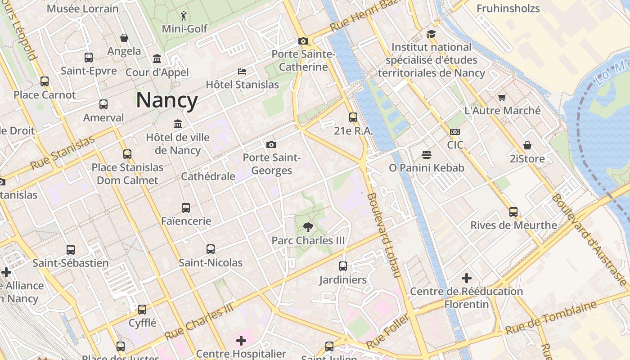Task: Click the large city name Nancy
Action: tap(167, 100)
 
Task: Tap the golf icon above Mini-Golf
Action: tap(184, 17)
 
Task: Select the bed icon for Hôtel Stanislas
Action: tap(242, 72)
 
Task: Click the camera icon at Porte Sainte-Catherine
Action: tap(303, 41)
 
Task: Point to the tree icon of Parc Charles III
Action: tap(308, 227)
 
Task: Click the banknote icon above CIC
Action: tap(455, 132)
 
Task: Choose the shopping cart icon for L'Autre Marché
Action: tap(502, 97)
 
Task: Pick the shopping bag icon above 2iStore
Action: tap(527, 145)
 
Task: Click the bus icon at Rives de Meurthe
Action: tap(513, 211)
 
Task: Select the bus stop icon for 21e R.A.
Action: tap(353, 117)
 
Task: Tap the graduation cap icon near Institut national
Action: tap(431, 34)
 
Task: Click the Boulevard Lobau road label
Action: tap(384, 235)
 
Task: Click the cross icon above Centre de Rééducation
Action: tap(467, 278)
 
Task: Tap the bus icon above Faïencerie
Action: tap(186, 208)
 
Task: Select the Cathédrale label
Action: tap(208, 176)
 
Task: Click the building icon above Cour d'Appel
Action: tap(157, 59)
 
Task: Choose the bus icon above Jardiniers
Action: tap(343, 266)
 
